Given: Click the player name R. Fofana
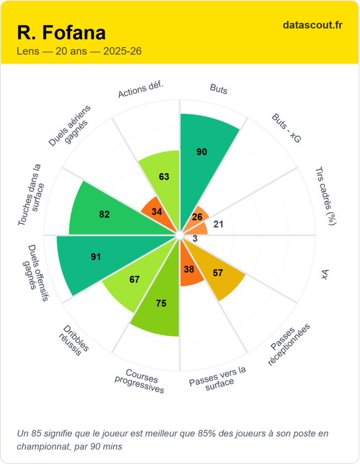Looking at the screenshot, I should click(61, 33).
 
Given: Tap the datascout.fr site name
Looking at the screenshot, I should click(312, 25).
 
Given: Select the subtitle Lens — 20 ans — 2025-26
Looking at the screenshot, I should click(79, 51).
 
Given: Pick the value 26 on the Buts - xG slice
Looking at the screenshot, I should click(197, 217).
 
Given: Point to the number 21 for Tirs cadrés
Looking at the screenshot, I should click(218, 224).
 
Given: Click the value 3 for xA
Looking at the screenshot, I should click(195, 239).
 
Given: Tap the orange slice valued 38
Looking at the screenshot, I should click(190, 269).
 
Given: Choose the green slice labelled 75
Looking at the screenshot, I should click(161, 304).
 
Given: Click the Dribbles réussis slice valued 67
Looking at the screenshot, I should click(134, 280).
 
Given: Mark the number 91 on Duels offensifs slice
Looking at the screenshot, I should click(96, 257).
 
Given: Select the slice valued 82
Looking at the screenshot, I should click(104, 214).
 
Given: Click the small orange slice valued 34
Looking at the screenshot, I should click(156, 212).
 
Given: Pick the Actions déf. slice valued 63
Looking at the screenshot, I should click(164, 176).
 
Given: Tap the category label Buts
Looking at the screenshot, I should click(219, 88).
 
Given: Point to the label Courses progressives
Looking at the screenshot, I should click(140, 381).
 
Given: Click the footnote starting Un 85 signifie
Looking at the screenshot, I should click(172, 440).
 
